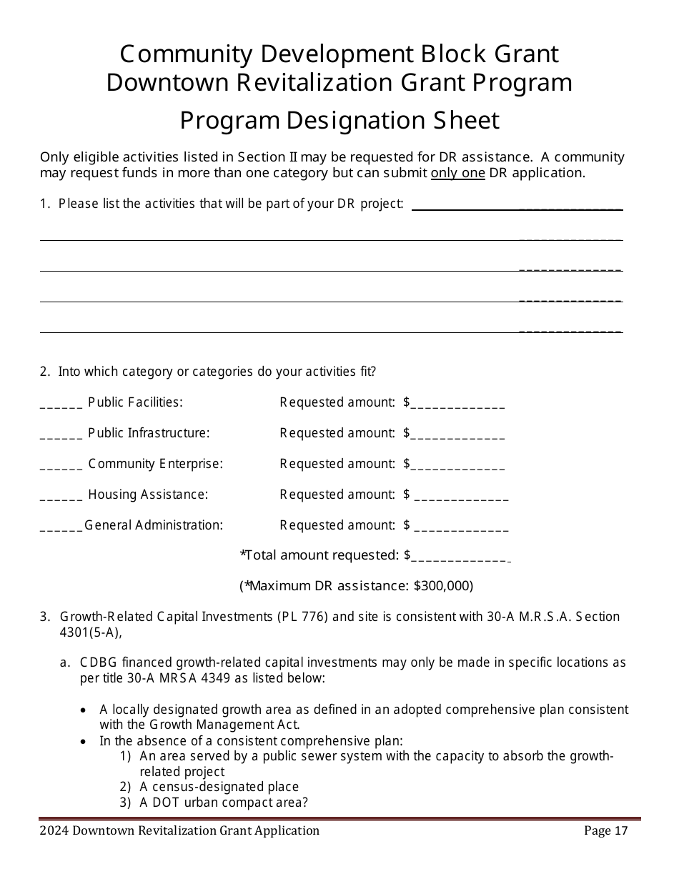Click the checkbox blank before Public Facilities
tap(61, 405)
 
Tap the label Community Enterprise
tap(155, 464)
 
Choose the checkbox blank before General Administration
tap(61, 528)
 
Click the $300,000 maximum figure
tap(442, 586)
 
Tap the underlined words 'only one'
tap(457, 173)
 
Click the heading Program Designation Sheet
tap(339, 120)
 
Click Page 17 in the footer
tap(605, 830)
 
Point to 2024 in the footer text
tap(54, 830)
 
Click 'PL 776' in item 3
tap(302, 617)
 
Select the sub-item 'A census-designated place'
tap(219, 787)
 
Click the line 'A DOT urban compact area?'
tap(224, 803)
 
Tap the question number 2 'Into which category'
tap(45, 372)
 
